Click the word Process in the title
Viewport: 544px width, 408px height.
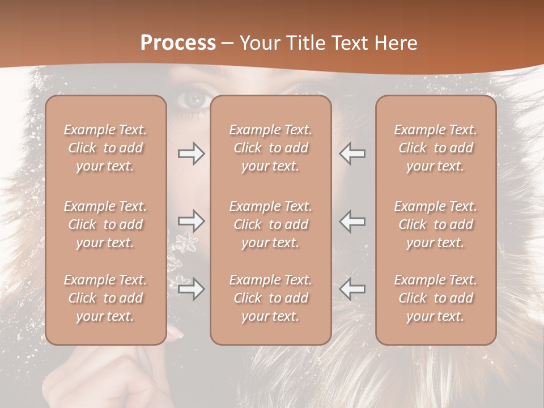[x=178, y=43]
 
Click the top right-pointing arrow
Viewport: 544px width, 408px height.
[x=192, y=154]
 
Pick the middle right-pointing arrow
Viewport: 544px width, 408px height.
[x=192, y=221]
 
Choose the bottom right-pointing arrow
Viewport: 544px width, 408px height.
[x=192, y=289]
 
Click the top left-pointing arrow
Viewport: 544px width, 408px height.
[x=352, y=154]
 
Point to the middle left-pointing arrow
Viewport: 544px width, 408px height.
[x=352, y=221]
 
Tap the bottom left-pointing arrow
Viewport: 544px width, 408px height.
[x=352, y=289]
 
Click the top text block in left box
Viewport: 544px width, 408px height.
[x=105, y=148]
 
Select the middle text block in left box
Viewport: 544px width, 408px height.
[x=105, y=224]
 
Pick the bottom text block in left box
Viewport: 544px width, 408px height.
[x=105, y=298]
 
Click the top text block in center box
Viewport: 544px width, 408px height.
[x=271, y=148]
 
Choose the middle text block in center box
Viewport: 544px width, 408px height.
[x=271, y=224]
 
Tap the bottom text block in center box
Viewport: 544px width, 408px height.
[x=271, y=298]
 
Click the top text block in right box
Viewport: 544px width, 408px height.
[x=436, y=148]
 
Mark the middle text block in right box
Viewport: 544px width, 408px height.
[x=436, y=224]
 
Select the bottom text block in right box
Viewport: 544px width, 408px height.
[x=436, y=298]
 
